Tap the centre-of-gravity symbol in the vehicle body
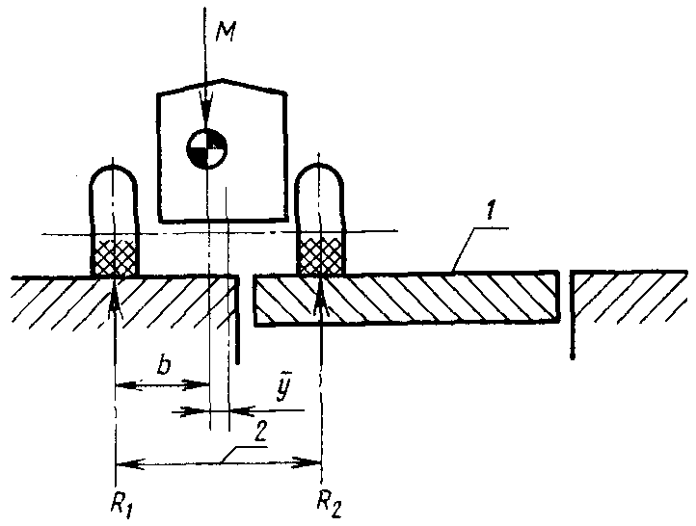207,148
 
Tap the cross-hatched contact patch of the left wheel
115,255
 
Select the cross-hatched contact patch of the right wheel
320,255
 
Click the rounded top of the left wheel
115,177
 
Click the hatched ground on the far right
636,299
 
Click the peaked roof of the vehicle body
222,86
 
